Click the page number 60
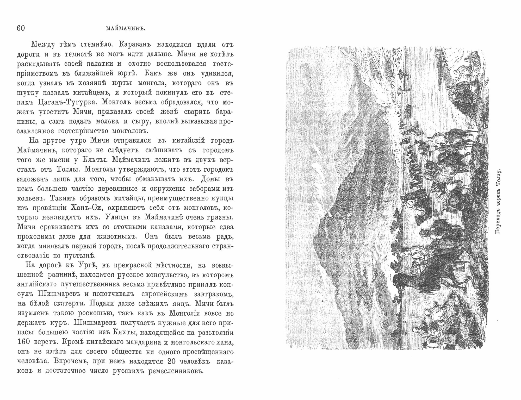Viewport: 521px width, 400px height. click(21, 28)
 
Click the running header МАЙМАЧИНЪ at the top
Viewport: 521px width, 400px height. click(126, 29)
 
